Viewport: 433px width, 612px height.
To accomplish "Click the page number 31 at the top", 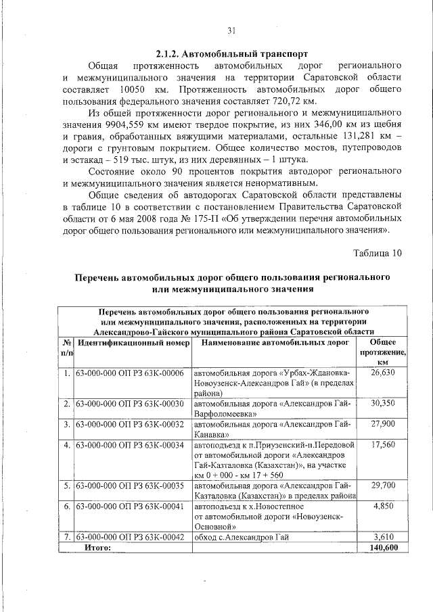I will (231, 30).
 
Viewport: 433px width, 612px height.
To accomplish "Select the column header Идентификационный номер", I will (133, 344).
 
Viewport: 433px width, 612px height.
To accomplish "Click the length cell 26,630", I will (383, 373).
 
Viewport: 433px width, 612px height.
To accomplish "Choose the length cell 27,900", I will (383, 424).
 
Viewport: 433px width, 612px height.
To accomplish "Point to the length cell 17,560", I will (383, 445).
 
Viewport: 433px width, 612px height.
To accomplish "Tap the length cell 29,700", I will (383, 486).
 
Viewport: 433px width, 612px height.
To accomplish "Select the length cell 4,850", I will (383, 506).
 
